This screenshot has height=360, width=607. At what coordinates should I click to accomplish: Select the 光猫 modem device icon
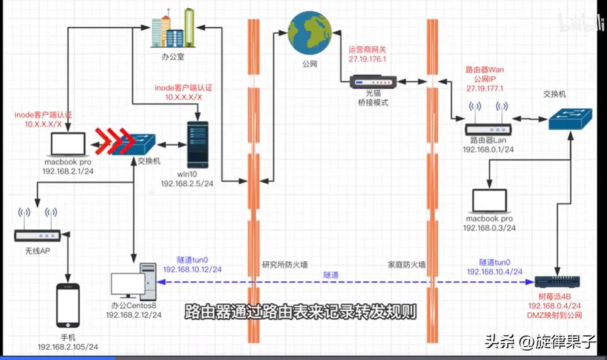[x=372, y=82]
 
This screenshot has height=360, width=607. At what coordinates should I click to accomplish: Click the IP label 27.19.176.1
[x=372, y=58]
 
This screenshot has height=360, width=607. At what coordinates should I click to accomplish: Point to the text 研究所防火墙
[x=285, y=266]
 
